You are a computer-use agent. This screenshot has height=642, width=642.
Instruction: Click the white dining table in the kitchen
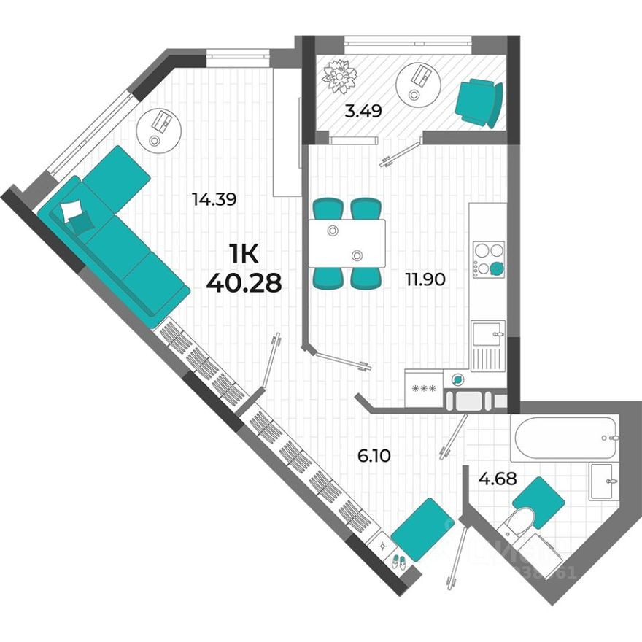[x=346, y=243]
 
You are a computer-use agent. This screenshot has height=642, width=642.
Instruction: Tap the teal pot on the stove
[x=496, y=268]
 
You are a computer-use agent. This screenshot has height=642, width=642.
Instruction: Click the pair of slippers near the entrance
[x=398, y=561]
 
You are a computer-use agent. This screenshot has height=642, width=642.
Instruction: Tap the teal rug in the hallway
[x=423, y=529]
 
